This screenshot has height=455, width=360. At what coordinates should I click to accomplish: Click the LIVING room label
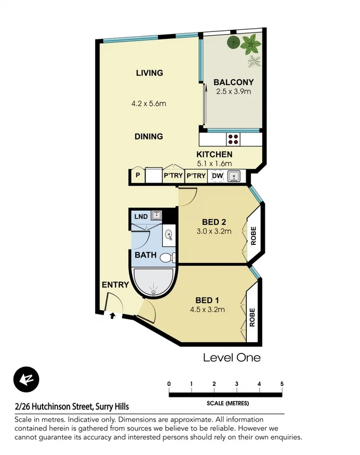(x=149, y=73)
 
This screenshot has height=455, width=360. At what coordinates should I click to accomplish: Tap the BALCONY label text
(x=233, y=82)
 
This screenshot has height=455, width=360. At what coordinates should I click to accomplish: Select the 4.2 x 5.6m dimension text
(x=149, y=103)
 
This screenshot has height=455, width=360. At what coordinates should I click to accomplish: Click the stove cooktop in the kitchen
(x=233, y=139)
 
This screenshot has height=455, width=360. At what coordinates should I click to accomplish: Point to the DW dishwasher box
(x=217, y=176)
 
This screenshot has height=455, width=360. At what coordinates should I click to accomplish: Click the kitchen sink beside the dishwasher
(x=234, y=176)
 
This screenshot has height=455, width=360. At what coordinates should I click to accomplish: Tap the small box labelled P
(x=138, y=176)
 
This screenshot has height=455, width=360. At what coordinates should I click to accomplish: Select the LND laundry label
(x=140, y=217)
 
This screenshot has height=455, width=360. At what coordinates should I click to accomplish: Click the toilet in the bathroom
(x=166, y=258)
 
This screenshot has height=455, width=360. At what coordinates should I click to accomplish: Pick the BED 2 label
(x=214, y=222)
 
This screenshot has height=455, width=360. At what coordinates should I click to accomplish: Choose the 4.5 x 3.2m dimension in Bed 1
(x=207, y=310)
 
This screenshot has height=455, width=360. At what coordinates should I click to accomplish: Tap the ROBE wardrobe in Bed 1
(x=252, y=317)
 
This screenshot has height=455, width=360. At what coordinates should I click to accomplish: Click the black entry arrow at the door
(x=112, y=316)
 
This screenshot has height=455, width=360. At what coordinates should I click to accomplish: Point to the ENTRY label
(x=115, y=285)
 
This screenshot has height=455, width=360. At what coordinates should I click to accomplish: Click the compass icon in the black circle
(x=26, y=379)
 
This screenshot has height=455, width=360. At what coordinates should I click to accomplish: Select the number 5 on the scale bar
(x=282, y=384)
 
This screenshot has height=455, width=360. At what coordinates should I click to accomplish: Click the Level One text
(x=232, y=358)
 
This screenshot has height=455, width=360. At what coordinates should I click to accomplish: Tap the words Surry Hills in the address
(x=111, y=407)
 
